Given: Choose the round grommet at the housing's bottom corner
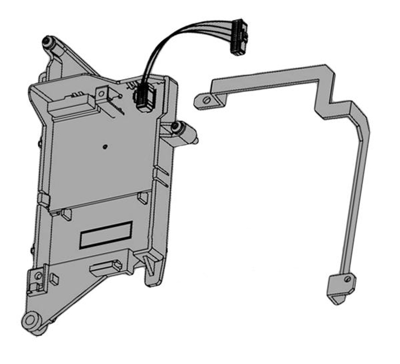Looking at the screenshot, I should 31,321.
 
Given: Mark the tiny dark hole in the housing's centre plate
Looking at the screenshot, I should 105,146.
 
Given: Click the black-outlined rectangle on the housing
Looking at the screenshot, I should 106,234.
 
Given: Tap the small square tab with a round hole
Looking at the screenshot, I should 102,93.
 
